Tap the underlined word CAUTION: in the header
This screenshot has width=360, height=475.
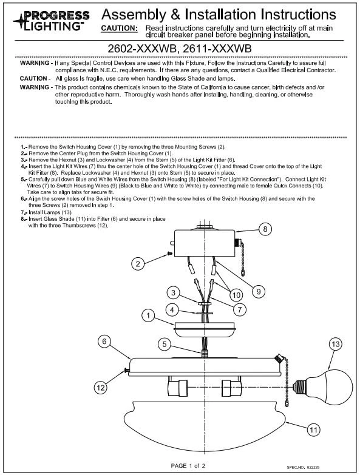tap(119, 29)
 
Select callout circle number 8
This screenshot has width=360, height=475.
tap(265, 229)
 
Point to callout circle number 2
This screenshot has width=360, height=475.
tap(138, 263)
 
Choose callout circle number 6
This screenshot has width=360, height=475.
tap(104, 342)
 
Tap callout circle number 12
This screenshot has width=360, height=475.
tap(102, 386)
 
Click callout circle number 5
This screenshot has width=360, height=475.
tap(163, 343)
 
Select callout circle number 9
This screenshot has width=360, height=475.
tap(258, 291)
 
